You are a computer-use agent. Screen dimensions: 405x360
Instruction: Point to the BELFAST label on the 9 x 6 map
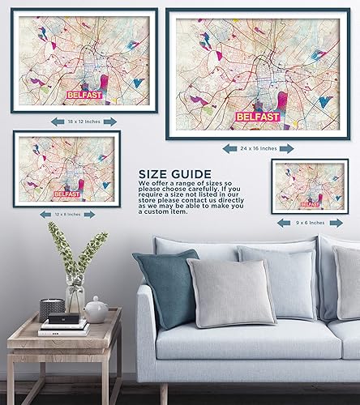(310, 203)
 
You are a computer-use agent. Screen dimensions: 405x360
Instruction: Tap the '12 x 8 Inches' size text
(67, 214)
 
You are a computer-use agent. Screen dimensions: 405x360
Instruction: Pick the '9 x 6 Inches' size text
(311, 221)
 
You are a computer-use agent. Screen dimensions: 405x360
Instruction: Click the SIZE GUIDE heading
(174, 173)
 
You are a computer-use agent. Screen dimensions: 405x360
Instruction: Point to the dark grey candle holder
(52, 309)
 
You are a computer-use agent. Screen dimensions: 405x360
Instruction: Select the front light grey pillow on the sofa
(231, 292)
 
